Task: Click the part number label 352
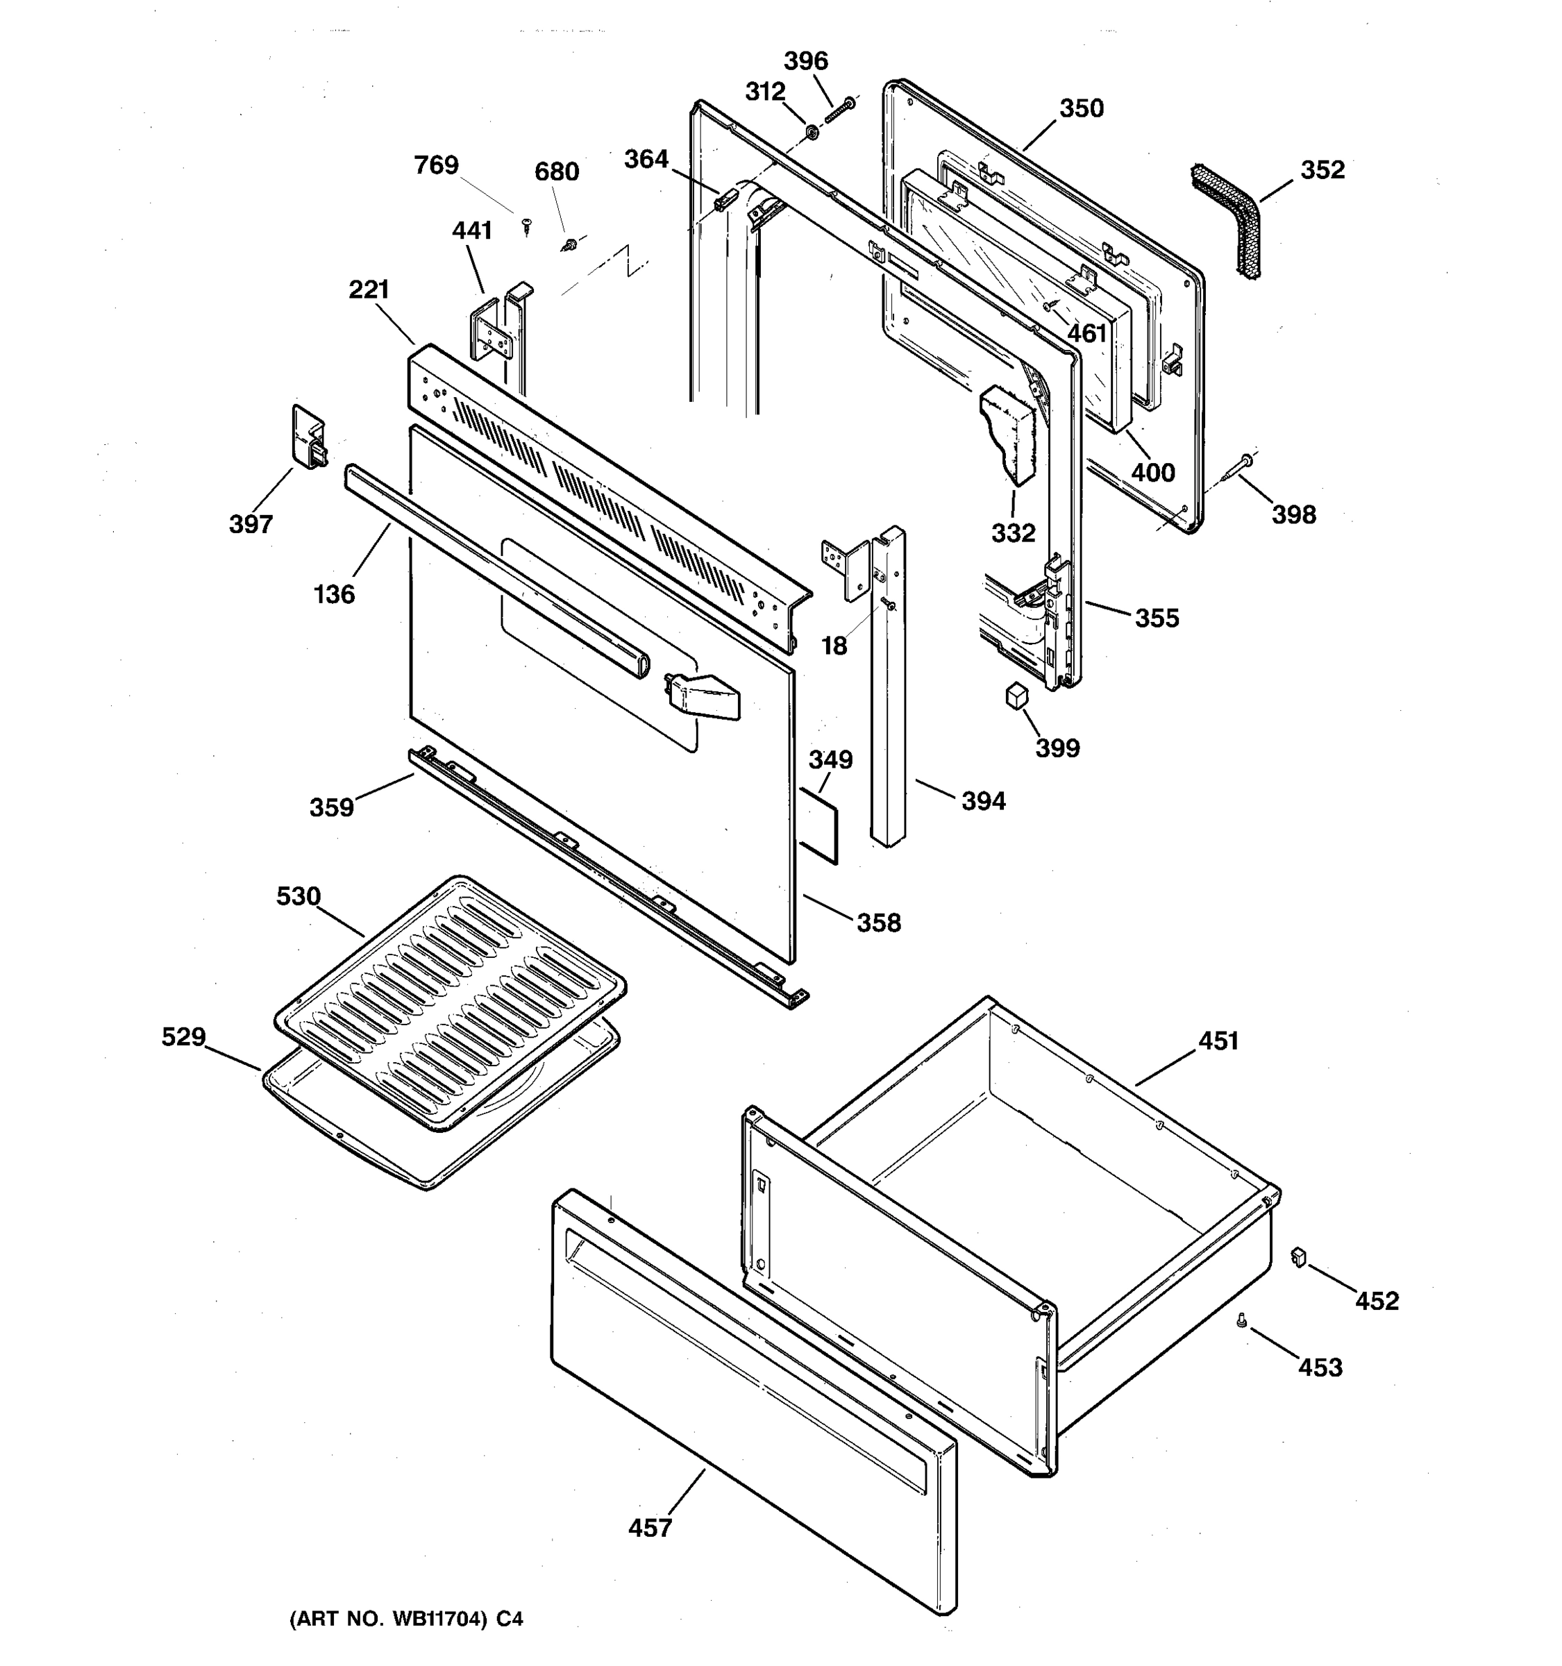coord(1322,170)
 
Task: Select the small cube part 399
coord(1016,696)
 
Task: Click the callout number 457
coord(650,1528)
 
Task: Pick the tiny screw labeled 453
coord(1242,1322)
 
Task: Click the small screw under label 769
coord(526,225)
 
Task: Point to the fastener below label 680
coord(570,245)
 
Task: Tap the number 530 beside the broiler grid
coord(299,897)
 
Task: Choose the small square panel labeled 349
coord(818,825)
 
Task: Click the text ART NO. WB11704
coord(405,1619)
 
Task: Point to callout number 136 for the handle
coord(335,594)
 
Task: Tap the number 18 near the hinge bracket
coord(834,646)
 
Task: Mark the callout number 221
coord(369,290)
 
